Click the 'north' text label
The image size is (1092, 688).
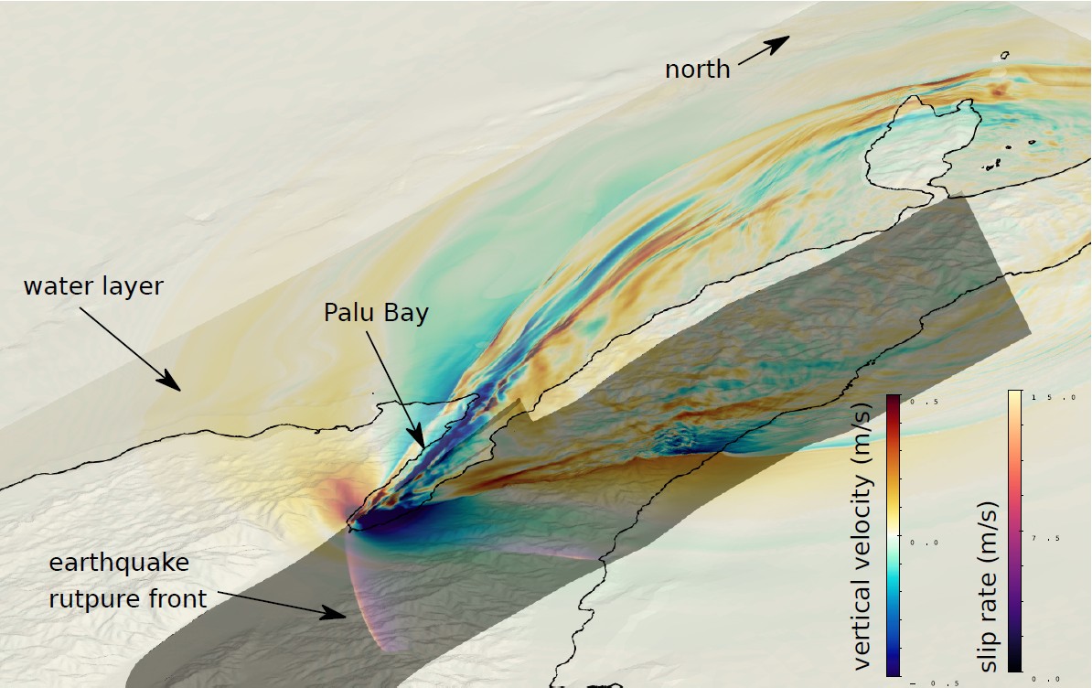(697, 70)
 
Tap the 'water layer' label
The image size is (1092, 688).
(93, 286)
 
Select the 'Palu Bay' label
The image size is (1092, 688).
(376, 313)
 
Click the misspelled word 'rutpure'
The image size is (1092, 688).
(87, 599)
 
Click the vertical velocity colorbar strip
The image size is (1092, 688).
(894, 536)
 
